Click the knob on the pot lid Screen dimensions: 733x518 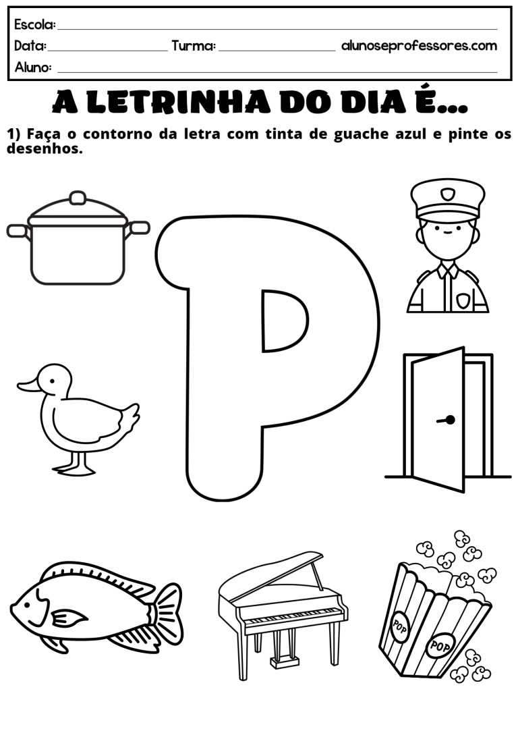(x=78, y=198)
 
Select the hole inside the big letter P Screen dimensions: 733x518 (x=284, y=321)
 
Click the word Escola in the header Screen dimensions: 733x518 (x=34, y=25)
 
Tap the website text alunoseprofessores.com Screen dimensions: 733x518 (x=420, y=46)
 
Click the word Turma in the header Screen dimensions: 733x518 (x=194, y=46)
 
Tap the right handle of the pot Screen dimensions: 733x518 (x=139, y=227)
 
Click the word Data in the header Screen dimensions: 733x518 (x=30, y=46)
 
